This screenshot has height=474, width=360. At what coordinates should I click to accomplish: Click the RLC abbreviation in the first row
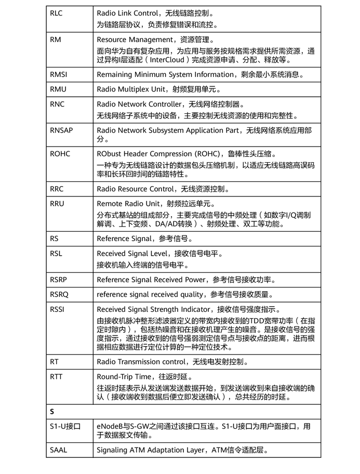pos(56,14)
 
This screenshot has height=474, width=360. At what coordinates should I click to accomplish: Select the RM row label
pos(56,40)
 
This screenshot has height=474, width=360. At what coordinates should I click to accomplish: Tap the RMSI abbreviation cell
pos(59,74)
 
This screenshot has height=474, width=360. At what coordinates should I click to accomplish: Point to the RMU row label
pos(58,89)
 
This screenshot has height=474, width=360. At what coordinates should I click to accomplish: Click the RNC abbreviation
pos(57,104)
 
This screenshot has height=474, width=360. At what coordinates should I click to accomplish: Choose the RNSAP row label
pos(61,130)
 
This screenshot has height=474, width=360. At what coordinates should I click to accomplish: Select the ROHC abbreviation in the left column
pos(60,154)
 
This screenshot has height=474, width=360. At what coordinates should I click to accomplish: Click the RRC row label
pos(57,189)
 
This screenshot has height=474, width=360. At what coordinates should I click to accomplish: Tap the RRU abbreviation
pos(57,204)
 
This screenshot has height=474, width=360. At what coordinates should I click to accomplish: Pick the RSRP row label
pos(59,280)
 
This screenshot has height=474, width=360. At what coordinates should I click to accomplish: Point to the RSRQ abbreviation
pos(59,295)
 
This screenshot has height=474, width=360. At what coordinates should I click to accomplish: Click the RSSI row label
pos(58,310)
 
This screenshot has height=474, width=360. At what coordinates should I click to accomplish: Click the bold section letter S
pos(52,412)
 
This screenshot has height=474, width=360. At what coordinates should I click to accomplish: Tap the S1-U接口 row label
pos(65,427)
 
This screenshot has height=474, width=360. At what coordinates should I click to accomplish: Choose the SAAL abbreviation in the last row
pos(59,450)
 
